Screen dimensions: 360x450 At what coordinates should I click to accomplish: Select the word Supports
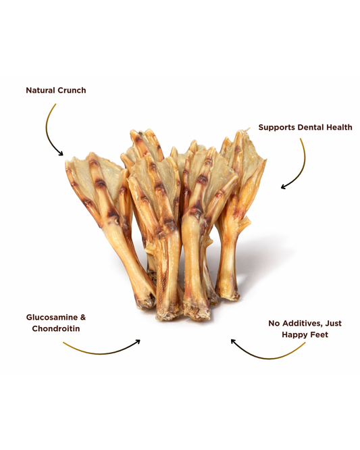click(x=276, y=128)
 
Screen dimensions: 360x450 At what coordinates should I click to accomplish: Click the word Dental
click(x=309, y=127)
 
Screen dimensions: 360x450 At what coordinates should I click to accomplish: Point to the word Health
click(x=338, y=127)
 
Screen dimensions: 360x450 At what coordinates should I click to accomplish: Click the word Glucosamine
click(x=52, y=317)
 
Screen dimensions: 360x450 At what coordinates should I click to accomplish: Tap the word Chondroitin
click(x=56, y=328)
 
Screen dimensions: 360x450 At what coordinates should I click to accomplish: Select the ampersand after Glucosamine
click(x=83, y=317)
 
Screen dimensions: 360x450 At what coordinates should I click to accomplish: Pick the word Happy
click(x=294, y=334)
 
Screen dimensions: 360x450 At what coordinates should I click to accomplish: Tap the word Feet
click(x=319, y=334)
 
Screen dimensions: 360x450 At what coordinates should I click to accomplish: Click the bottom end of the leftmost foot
click(x=147, y=303)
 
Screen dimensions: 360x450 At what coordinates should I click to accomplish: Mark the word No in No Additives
click(x=274, y=323)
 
